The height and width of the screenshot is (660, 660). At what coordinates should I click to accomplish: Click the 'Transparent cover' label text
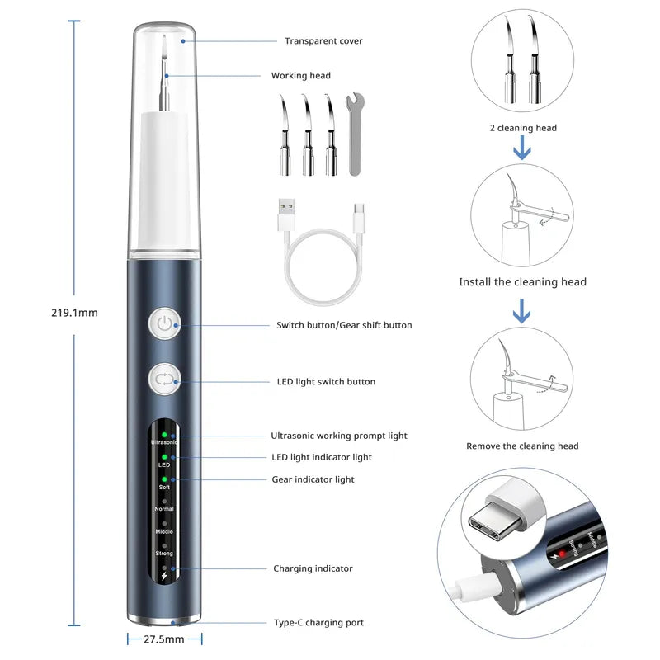point(323,41)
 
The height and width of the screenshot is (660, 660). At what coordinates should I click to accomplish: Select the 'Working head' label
point(300,76)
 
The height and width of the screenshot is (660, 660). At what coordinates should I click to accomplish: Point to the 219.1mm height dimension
point(73,313)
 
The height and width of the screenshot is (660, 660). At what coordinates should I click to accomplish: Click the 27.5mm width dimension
point(165,639)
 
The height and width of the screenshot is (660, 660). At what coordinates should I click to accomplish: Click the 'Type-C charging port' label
point(318,623)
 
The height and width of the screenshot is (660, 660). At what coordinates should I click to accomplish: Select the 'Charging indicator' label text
point(313,568)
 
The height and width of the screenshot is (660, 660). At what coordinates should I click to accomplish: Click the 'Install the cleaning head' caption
point(522,282)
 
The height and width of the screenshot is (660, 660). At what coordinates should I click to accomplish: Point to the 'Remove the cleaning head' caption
point(522,446)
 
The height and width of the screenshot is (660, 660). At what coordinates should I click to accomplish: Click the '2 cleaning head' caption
point(522,128)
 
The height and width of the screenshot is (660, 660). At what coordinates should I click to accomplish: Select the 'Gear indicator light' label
point(313,479)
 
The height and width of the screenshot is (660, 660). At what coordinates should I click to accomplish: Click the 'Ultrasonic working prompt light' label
point(339,436)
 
